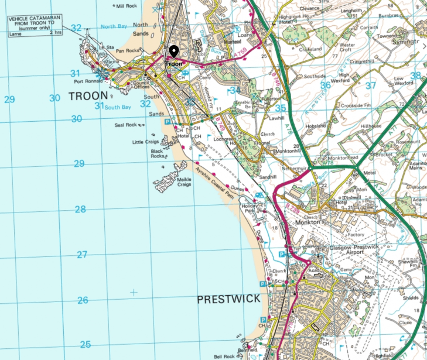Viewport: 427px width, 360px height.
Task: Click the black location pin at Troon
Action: point(173,52)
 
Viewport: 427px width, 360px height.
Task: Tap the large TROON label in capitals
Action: point(88,95)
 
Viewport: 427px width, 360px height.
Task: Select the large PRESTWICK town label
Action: point(228,299)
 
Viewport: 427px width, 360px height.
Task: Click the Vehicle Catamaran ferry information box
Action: point(35,26)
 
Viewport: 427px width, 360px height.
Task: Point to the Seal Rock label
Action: point(126,125)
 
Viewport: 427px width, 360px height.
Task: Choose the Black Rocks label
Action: point(158,153)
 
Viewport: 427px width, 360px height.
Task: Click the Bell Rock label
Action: point(224,356)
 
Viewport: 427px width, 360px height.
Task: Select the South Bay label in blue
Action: point(118,107)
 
